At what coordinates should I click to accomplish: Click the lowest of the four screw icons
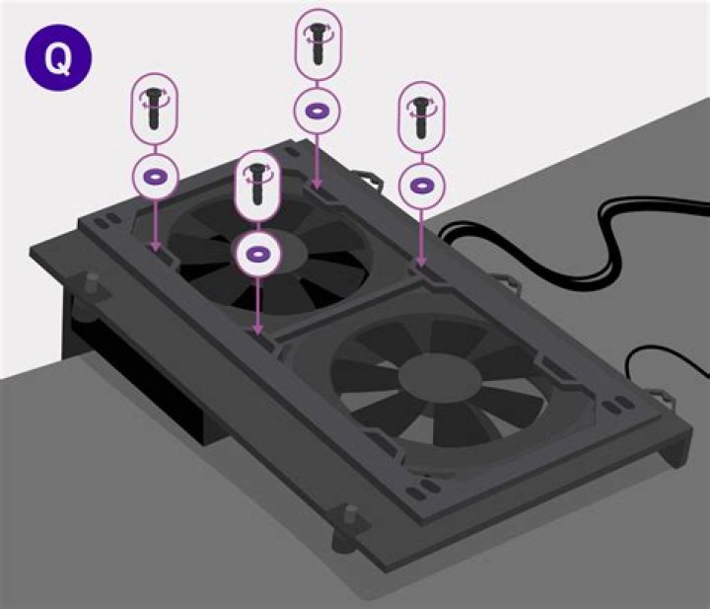coord(257,185)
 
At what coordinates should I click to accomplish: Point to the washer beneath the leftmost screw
coord(155,178)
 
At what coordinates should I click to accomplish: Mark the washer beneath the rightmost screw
coord(421,185)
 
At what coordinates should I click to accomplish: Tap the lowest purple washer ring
coord(257,254)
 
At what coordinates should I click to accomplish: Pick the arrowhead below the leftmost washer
coord(155,247)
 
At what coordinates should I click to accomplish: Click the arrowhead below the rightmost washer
coord(421,263)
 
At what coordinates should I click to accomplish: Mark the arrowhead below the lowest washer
coord(257,330)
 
